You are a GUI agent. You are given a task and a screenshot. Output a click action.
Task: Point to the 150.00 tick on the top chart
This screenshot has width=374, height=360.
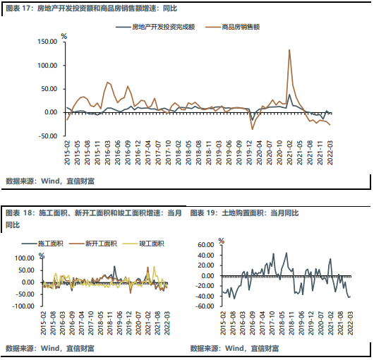coord(47,42)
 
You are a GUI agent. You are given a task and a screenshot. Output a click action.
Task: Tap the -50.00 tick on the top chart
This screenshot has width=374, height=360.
coord(47,136)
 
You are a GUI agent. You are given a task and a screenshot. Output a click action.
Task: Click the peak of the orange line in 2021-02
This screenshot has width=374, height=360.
coord(289,50)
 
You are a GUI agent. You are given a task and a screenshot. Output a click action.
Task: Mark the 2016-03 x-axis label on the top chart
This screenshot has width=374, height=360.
coord(108,152)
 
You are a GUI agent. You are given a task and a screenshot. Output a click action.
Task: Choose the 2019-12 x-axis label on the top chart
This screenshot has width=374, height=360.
coord(249,152)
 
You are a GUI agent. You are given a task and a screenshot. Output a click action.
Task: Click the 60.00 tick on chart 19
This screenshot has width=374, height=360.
coord(206,245)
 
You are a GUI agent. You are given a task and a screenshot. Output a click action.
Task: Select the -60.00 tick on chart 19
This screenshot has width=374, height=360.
coord(205,306)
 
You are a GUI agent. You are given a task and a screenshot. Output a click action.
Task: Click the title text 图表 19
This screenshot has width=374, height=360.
coord(203,212)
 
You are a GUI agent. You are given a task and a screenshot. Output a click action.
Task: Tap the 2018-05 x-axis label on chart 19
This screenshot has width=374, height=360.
coord(282,323)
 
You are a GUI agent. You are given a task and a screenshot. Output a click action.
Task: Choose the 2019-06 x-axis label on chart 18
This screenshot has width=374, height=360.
coord(119,323)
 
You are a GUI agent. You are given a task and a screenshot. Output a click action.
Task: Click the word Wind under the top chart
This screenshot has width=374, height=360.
coord(50,181)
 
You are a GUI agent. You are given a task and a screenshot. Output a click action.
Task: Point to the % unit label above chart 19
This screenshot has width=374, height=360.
coord(222,241)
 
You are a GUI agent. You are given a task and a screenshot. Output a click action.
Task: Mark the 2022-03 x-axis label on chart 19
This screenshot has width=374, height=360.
coord(350,323)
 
